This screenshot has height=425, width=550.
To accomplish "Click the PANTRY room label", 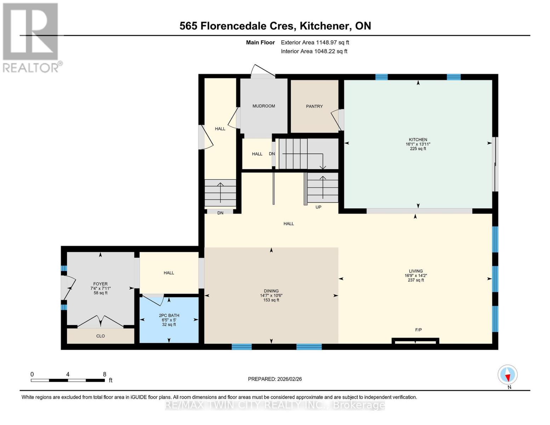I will (314, 106).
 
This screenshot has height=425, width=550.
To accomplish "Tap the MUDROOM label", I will (263, 106).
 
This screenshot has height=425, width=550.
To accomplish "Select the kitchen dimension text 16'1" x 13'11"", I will (418, 144).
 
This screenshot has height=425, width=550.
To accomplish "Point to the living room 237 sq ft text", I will (416, 280).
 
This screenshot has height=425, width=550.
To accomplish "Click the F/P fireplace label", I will (418, 330).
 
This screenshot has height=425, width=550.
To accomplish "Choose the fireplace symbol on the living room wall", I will (415, 341).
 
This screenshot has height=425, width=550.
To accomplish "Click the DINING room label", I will (271, 291).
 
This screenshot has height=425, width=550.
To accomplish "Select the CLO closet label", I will (100, 336).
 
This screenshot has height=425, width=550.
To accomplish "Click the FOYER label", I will (100, 284).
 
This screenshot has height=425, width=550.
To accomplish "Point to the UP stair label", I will (318, 207).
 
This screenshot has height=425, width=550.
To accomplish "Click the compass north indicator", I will (508, 375).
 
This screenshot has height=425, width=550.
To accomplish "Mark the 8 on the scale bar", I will (104, 374).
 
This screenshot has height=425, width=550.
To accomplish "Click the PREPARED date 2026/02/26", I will (275, 379).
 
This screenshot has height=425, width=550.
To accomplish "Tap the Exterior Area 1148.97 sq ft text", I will (315, 42).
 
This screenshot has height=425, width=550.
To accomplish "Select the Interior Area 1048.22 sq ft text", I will (314, 51).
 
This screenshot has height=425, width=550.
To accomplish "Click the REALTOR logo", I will (31, 37).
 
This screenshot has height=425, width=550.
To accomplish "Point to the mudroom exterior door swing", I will (262, 71).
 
